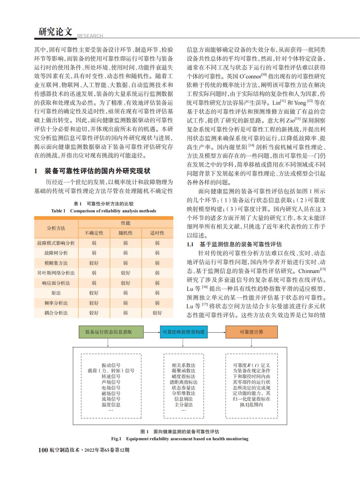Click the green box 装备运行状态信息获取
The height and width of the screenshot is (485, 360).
pos(108,332)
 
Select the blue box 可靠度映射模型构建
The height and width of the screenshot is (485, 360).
pos(183,332)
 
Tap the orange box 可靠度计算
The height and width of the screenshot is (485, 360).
pos(251,332)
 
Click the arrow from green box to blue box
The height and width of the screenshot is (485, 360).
pos(152,332)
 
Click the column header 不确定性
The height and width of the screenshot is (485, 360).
pos(94,233)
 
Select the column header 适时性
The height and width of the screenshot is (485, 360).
pos(157,233)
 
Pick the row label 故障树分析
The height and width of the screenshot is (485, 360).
pos(56,253)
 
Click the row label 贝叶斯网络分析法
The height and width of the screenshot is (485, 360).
pos(56,273)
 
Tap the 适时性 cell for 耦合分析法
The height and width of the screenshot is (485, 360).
pos(157,313)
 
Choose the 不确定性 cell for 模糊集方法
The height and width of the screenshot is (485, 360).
pos(94,263)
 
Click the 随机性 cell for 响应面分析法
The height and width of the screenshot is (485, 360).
pos(125,283)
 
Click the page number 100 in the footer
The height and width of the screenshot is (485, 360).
pos(43,450)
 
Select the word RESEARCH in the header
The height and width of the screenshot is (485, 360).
pos(90,36)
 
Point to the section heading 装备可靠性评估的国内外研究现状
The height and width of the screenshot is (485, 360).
pos(97,171)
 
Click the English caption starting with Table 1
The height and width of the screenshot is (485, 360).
pos(103,211)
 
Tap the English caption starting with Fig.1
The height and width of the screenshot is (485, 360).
pos(180,439)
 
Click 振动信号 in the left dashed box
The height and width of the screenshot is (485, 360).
pos(111,365)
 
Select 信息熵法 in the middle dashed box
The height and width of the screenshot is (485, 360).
pos(183,399)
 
